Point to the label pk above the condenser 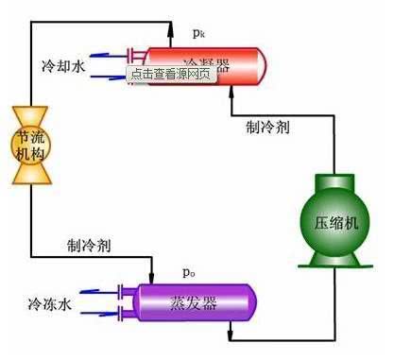[198, 32]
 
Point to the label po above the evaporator [189, 272]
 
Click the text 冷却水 [64, 67]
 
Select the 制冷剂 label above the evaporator [90, 246]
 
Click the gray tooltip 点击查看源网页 [171, 73]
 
